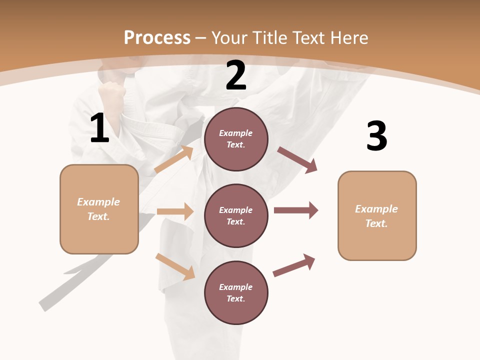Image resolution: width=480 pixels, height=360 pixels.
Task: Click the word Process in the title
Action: tap(157, 37)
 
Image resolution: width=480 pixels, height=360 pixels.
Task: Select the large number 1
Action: tap(99, 128)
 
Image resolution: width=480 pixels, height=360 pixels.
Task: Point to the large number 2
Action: tap(236, 75)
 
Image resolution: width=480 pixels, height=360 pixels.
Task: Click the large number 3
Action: tap(376, 136)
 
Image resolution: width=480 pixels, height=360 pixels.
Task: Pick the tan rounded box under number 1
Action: tap(99, 209)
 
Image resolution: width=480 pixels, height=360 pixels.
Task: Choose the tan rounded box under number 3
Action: tap(377, 216)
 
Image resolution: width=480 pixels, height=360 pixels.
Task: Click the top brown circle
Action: tap(236, 139)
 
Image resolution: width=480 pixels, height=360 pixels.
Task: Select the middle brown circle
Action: tap(236, 216)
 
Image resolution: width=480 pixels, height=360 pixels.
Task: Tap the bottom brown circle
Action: tap(236, 293)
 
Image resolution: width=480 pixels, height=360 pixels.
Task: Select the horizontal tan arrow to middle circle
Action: tap(175, 211)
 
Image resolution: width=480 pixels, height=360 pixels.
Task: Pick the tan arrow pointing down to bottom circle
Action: tap(175, 266)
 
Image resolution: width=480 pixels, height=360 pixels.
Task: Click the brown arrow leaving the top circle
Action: tap(297, 160)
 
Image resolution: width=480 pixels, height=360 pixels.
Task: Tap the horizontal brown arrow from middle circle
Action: tap(296, 210)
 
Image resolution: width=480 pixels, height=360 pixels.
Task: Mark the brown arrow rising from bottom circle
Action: tap(294, 265)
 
